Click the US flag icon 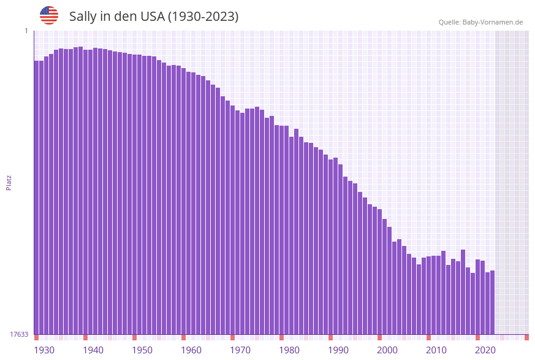point(49,15)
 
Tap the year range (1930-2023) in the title point(203,17)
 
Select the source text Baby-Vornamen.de point(493,22)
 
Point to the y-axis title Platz point(9,182)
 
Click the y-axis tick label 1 point(26,31)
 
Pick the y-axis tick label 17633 point(19,334)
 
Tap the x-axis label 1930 point(44,350)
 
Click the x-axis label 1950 point(142,350)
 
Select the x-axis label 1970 point(240,350)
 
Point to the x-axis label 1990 point(338,350)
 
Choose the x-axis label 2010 point(436,350)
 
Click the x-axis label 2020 point(485,350)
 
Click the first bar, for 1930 point(36,196)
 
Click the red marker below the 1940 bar point(85,337)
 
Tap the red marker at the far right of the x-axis point(526,337)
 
